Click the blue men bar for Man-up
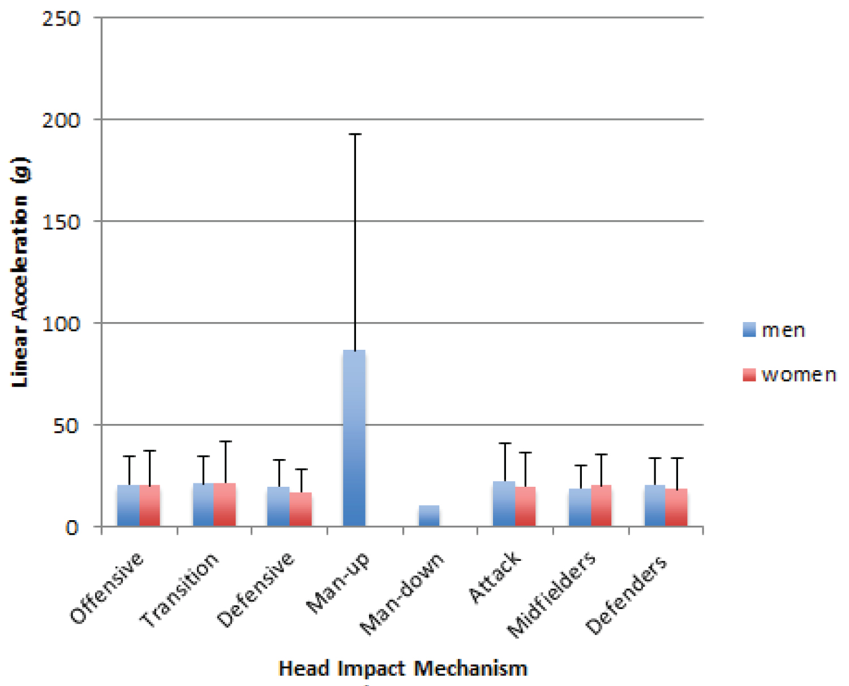click(x=354, y=439)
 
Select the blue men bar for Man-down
click(x=429, y=516)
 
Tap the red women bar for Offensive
click(x=150, y=505)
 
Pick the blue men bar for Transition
click(x=203, y=504)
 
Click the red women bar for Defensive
click(x=301, y=509)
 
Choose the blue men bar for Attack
click(x=504, y=504)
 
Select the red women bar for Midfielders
click(x=601, y=505)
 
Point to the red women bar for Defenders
click(x=677, y=507)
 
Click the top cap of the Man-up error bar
click(x=355, y=134)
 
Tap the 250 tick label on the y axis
click(x=61, y=19)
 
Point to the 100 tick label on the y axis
click(x=61, y=324)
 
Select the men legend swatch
click(x=749, y=330)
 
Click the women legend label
click(x=799, y=375)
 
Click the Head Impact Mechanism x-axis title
click(x=403, y=668)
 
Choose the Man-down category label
click(x=403, y=594)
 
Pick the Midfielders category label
click(x=552, y=594)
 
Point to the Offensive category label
click(x=108, y=589)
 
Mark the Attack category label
click(x=495, y=577)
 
